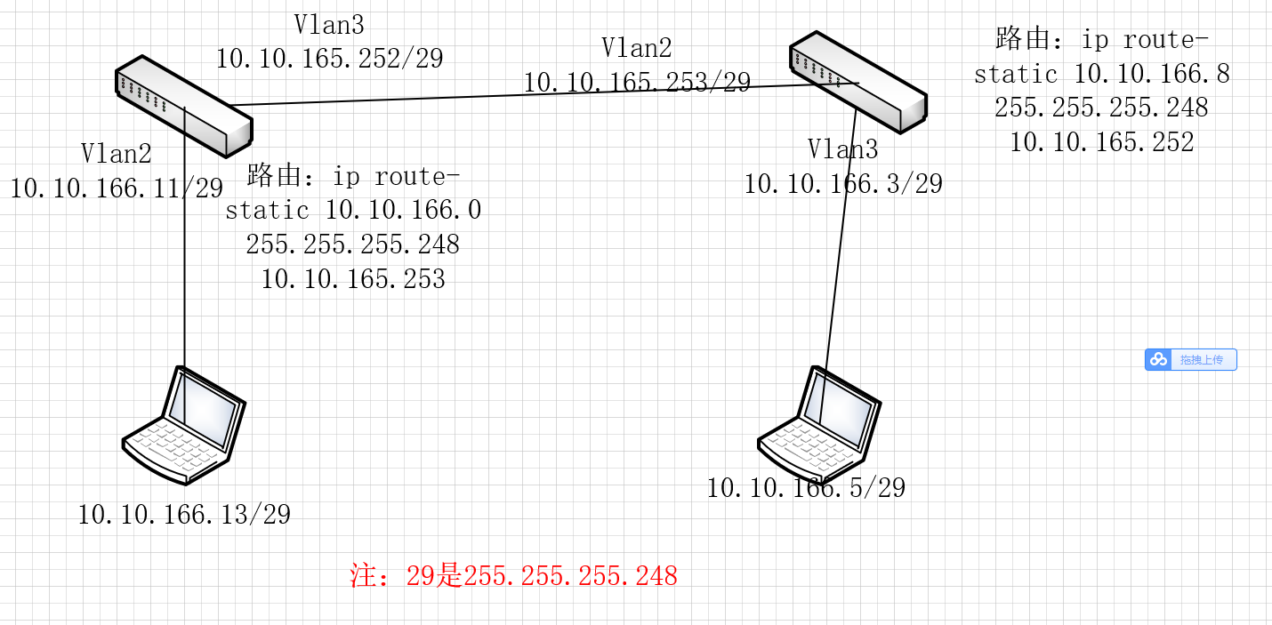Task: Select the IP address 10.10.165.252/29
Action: pos(329,59)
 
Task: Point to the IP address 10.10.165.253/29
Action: pos(637,83)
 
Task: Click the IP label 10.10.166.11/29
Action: pos(117,188)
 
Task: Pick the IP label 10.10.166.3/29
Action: pos(842,184)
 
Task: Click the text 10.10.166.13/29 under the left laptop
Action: pos(184,514)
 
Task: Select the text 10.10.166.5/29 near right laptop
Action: pos(806,487)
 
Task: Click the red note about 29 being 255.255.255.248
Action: pos(514,576)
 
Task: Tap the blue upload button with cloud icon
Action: pos(1190,359)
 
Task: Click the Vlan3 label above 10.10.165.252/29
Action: pos(328,24)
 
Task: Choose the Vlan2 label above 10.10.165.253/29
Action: pos(636,48)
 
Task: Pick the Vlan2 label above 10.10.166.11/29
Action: pos(117,153)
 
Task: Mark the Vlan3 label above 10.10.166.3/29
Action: pos(842,148)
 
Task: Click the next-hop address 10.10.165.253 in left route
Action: pos(353,279)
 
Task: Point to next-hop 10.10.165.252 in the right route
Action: pos(1101,141)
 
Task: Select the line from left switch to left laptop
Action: pos(184,267)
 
